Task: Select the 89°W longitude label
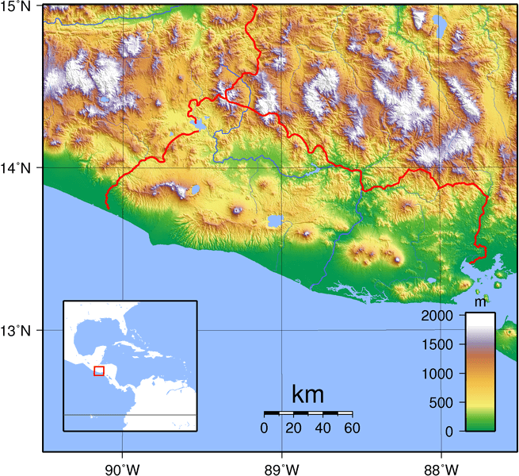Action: point(281,467)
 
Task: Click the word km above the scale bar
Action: point(307,394)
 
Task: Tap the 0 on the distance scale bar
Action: point(264,428)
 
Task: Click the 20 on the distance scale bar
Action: point(293,428)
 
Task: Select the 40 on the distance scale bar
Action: point(322,428)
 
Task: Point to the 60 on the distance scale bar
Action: point(352,428)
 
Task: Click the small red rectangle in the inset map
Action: point(99,370)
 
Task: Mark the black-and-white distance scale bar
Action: point(307,413)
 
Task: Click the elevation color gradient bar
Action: point(480,371)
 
